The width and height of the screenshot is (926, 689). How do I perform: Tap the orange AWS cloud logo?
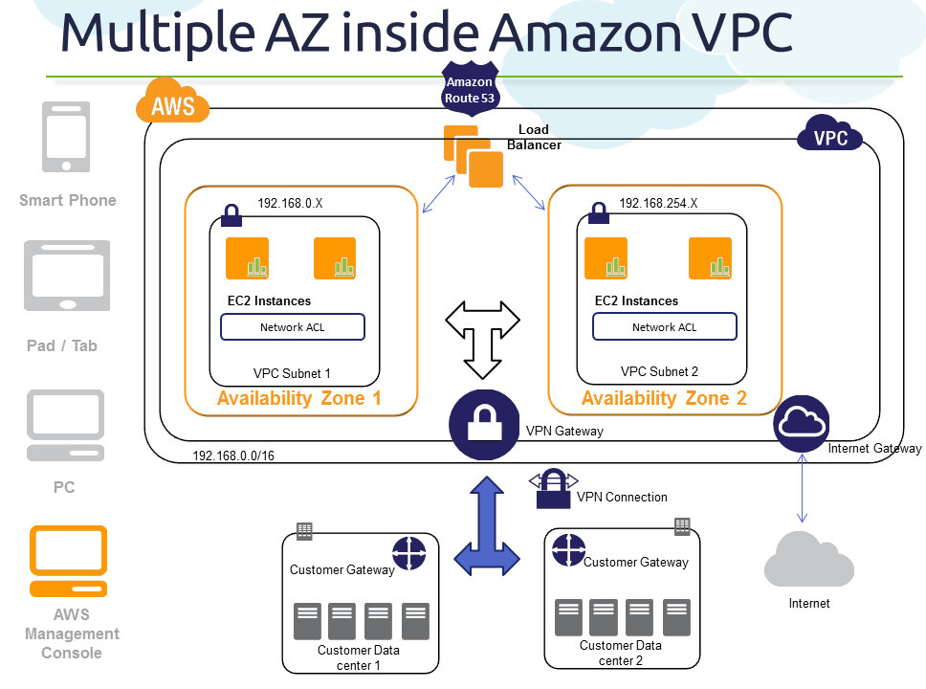click(x=172, y=101)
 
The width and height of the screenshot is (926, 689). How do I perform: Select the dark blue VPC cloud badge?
click(x=830, y=136)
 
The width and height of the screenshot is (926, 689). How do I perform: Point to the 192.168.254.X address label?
click(x=658, y=203)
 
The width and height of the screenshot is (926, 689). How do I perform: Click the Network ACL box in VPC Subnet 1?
click(x=293, y=327)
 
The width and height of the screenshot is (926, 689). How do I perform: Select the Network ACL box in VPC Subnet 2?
click(x=665, y=327)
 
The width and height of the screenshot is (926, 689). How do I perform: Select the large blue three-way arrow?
click(x=491, y=528)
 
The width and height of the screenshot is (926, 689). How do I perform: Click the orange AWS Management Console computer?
click(x=68, y=561)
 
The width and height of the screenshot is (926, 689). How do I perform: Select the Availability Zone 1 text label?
click(x=299, y=398)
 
